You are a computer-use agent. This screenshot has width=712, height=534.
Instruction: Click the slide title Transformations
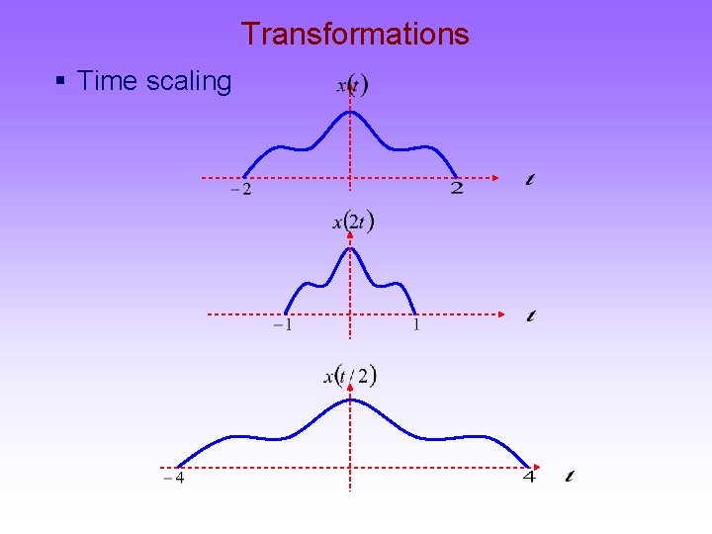355,34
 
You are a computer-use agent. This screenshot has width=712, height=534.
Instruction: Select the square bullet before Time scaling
61,82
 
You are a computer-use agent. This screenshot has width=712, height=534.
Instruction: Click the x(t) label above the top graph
352,86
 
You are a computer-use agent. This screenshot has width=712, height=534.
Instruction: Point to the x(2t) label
353,222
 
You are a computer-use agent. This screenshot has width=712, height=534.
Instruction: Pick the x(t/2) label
351,375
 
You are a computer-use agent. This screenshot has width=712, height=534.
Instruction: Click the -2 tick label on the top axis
240,190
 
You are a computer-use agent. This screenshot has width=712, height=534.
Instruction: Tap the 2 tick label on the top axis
456,188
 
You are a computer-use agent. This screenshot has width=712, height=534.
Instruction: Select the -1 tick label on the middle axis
282,325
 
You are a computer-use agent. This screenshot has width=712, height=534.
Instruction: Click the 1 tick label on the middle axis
416,324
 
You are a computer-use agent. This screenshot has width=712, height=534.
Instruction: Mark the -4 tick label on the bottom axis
174,480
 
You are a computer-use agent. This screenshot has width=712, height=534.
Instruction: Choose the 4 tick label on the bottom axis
529,478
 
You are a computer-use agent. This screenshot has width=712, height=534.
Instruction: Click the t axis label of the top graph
531,180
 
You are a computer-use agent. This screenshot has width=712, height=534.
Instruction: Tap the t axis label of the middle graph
531,316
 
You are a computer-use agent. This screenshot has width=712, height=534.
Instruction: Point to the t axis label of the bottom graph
569,477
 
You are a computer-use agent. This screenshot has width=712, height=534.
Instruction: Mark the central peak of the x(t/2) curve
350,399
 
